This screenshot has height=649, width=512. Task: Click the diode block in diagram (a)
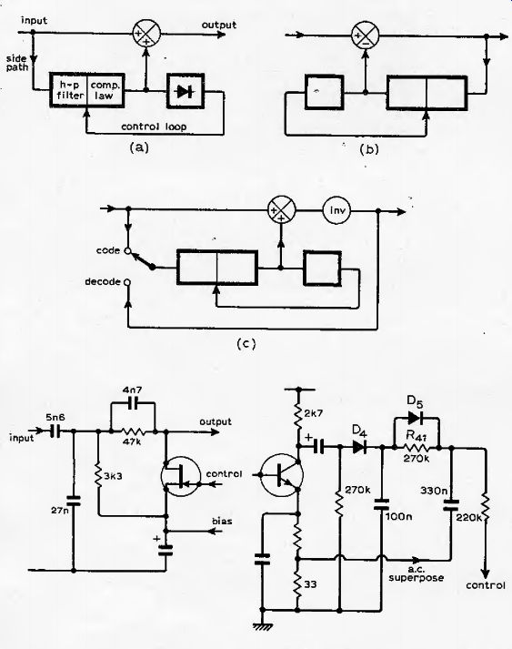[x=186, y=91]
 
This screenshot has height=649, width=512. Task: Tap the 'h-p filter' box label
[x=70, y=90]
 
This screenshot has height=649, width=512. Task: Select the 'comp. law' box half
[x=105, y=90]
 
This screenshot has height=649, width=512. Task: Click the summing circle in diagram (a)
[x=146, y=34]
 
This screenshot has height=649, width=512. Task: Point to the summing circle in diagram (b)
[x=365, y=36]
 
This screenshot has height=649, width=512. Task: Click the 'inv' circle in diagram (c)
[x=336, y=210]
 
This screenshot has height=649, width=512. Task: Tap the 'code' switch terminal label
[x=108, y=250]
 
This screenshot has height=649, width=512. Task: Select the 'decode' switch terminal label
[x=103, y=281]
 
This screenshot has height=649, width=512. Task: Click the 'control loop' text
[x=154, y=127]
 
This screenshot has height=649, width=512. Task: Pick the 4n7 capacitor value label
[x=133, y=390]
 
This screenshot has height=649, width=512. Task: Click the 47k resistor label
[x=132, y=441]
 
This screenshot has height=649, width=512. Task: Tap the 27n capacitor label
[x=60, y=511]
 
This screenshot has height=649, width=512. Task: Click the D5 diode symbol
[x=415, y=418]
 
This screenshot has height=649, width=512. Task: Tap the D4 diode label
[x=360, y=431]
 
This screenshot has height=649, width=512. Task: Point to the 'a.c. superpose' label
[x=416, y=573]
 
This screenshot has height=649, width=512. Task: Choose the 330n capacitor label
[x=435, y=491]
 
